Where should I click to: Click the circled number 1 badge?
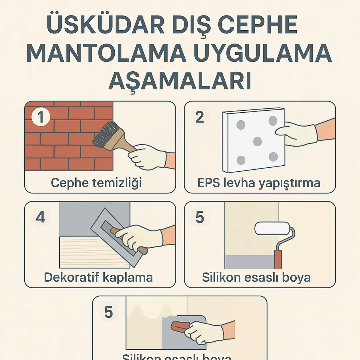[x=41, y=118]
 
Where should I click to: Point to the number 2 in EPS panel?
[x=199, y=117]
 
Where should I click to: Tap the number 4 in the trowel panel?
[x=41, y=217]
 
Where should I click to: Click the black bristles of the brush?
[x=105, y=135]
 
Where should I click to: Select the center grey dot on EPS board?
[x=257, y=141]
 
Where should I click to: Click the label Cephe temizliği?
[x=96, y=183]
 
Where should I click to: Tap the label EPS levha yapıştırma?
[x=258, y=183]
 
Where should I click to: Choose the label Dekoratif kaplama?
[x=98, y=277]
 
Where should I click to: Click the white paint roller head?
[x=272, y=229]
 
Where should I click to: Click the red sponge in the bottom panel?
[x=180, y=327]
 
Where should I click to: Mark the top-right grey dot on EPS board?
[x=273, y=120]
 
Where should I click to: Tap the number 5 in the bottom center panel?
[x=109, y=313]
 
